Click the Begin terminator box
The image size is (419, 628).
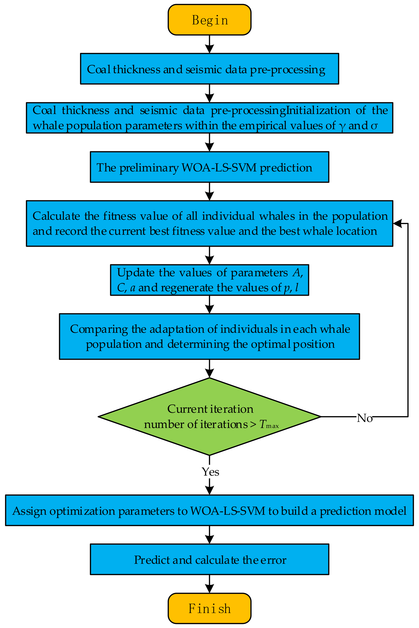(209, 20)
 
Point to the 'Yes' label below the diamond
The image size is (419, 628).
(210, 472)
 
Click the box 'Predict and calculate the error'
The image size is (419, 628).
(209, 560)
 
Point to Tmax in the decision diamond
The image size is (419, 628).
(269, 424)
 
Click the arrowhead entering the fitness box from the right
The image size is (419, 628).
(398, 223)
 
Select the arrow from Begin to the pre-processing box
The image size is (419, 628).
(209, 44)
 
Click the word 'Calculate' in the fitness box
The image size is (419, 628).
(56, 216)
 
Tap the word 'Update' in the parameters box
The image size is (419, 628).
(136, 273)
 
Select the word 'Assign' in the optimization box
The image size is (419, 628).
(29, 511)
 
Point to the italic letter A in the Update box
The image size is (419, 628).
(297, 273)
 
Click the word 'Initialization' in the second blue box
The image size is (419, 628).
(318, 110)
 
